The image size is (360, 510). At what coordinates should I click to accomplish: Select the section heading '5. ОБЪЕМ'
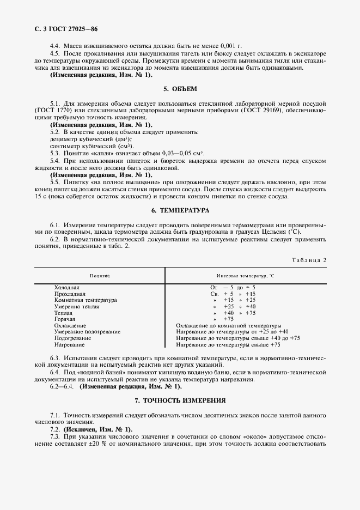click(180, 88)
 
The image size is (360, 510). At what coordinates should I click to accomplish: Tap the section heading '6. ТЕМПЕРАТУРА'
click(180, 210)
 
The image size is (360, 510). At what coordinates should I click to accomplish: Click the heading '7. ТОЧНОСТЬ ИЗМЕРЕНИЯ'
click(180, 400)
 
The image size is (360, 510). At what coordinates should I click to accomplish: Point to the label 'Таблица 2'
click(309, 260)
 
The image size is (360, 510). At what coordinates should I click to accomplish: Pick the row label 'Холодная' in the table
click(66, 287)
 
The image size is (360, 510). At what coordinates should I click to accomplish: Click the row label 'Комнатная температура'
click(86, 300)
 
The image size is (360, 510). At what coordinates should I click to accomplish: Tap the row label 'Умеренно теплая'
click(76, 306)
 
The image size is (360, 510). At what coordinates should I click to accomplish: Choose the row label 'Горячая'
click(65, 319)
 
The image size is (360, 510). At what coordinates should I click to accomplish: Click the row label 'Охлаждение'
click(70, 325)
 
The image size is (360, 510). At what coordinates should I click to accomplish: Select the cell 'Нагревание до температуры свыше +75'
click(229, 344)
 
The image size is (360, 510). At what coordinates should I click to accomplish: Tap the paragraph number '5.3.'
click(56, 154)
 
